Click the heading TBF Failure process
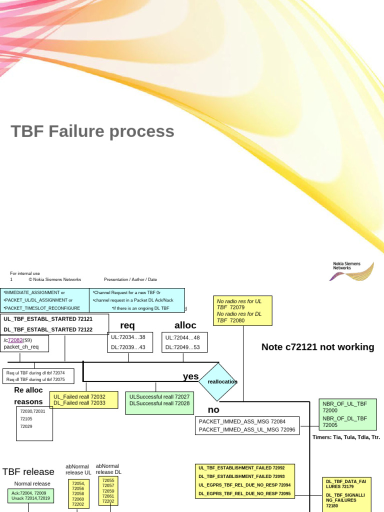tap(92, 131)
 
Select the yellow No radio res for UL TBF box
tap(243, 310)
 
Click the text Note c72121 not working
tap(317, 347)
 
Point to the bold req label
tap(127, 325)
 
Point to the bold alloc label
tap(185, 325)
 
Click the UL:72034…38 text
tap(128, 337)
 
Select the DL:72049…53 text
tap(182, 347)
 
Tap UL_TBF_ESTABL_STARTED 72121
tap(48, 319)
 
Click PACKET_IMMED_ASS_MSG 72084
tap(242, 421)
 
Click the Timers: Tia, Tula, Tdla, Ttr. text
tap(346, 437)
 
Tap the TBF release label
tap(28, 471)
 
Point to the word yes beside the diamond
tap(190, 376)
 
